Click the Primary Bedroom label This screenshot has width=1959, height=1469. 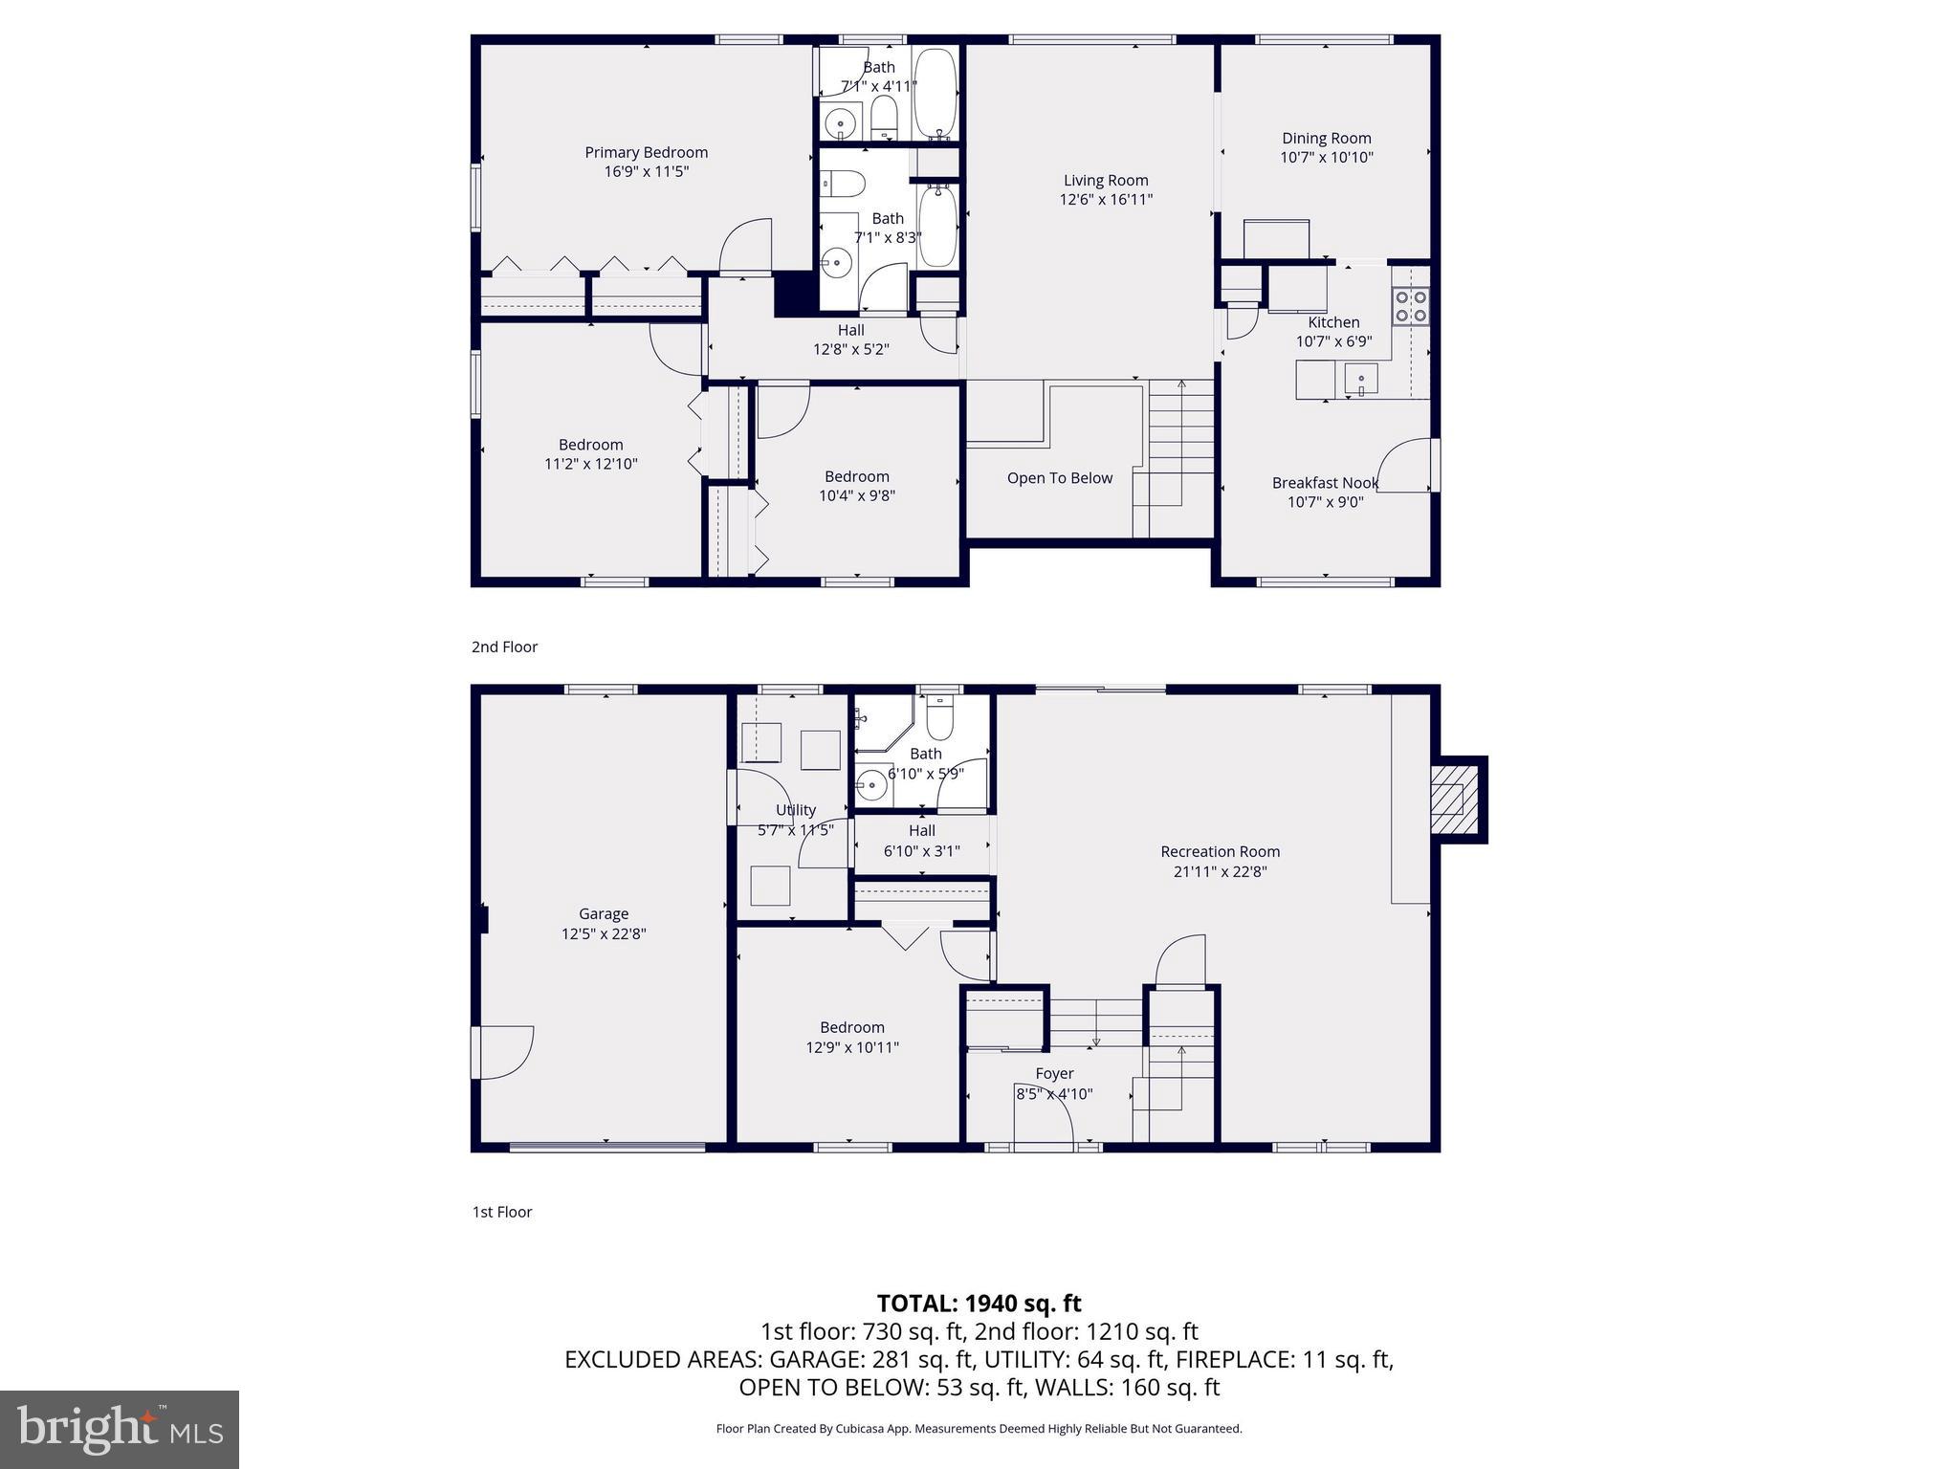point(646,152)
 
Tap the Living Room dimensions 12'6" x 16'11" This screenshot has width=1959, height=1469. point(1106,200)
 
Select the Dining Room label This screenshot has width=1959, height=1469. point(1326,139)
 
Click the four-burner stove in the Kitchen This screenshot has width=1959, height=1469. point(1411,306)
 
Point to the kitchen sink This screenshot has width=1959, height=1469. point(1360,380)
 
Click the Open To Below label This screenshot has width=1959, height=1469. point(1059,478)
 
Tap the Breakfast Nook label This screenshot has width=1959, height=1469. point(1325,483)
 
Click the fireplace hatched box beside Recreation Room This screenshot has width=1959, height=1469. point(1454,800)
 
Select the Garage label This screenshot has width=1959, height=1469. point(603,914)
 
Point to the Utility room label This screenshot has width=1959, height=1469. point(795,810)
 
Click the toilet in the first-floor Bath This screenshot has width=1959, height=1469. point(940,719)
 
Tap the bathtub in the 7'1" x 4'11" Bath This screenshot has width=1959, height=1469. point(935,94)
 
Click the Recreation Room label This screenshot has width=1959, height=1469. point(1220,851)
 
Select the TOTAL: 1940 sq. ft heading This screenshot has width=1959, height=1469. point(979,1304)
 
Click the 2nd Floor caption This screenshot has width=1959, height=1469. point(504,647)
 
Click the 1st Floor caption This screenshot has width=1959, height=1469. point(501,1212)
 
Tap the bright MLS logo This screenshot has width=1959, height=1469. point(120,1429)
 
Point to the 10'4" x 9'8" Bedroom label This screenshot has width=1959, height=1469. point(856,476)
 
